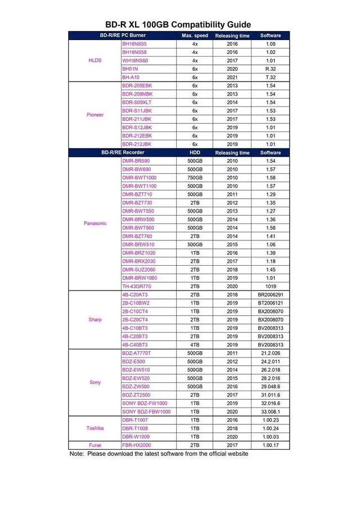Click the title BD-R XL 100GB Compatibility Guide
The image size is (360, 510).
178,25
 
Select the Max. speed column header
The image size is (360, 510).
195,35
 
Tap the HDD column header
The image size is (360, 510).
195,153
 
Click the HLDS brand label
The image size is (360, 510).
95,60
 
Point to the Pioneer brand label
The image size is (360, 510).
95,115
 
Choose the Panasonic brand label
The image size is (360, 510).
95,223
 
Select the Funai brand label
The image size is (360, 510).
95,445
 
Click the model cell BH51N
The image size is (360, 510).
130,69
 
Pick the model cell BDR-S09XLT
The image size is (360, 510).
137,102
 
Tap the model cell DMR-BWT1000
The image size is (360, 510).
139,178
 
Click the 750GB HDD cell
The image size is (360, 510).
195,178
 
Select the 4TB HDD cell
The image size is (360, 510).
195,345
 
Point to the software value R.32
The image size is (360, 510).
271,69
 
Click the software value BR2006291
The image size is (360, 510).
271,295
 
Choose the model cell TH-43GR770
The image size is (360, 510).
137,287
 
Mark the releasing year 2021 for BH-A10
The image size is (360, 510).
232,77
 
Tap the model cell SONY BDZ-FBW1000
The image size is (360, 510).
146,412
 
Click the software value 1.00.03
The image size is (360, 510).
271,437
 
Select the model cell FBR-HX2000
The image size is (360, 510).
137,445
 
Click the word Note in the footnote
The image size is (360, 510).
76,454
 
